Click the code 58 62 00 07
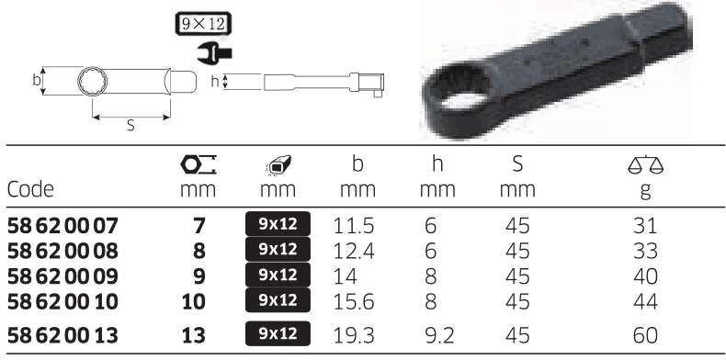click(63, 226)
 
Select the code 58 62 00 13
click(63, 335)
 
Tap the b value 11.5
click(354, 226)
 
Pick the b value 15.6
click(354, 302)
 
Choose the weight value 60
click(645, 335)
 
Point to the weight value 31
click(645, 226)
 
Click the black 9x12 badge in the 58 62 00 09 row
click(278, 275)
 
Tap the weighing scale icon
click(645, 165)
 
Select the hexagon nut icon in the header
click(199, 165)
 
